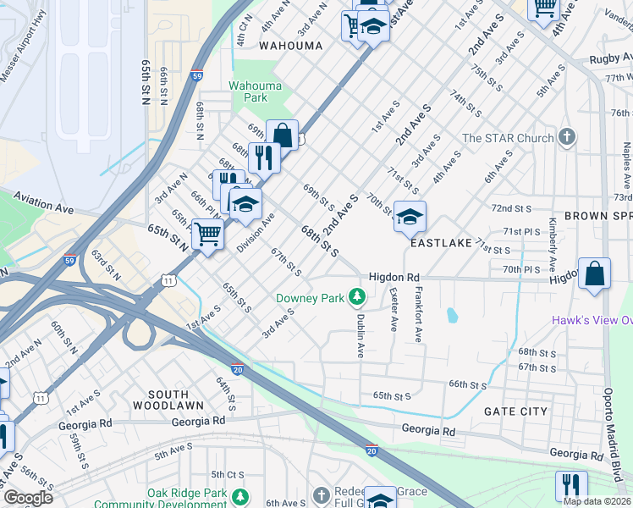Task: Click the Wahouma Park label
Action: (248, 91)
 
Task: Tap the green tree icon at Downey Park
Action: (357, 296)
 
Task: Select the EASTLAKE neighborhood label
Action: (440, 243)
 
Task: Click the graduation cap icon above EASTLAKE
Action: (410, 218)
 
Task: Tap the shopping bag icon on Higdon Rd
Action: (594, 274)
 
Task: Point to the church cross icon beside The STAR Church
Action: (567, 137)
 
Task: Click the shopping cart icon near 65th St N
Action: (207, 235)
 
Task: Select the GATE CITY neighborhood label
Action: (515, 411)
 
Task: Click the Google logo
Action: (28, 498)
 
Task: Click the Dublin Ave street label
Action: (360, 334)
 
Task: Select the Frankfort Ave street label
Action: (418, 314)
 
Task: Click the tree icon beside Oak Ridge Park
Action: (241, 496)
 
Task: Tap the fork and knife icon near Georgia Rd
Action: (572, 485)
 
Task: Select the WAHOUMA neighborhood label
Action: (290, 45)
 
